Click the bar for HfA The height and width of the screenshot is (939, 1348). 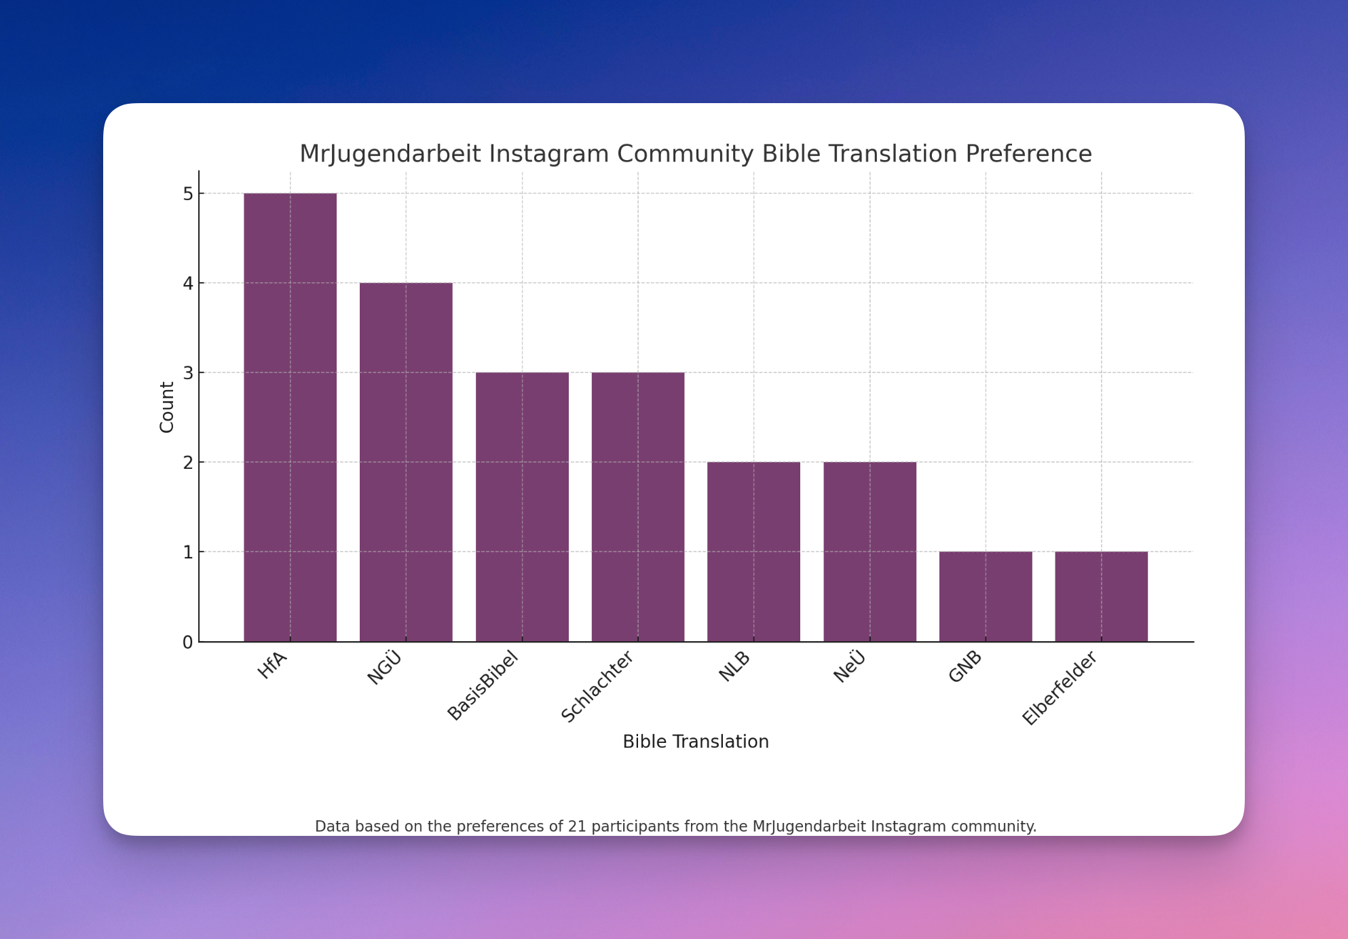pos(290,417)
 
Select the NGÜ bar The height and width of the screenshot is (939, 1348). pos(406,462)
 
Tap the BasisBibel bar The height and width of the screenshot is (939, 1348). pos(522,507)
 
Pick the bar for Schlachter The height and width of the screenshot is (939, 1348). pos(638,507)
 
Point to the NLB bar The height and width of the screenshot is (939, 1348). pos(753,552)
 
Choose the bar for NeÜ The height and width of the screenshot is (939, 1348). pos(869,552)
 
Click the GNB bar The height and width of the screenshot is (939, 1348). pos(986,596)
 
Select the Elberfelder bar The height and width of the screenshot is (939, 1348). pos(1101,596)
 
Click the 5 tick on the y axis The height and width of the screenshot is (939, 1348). pos(188,194)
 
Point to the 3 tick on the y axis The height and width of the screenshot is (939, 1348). pos(188,373)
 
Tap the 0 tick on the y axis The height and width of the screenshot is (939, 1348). pos(188,643)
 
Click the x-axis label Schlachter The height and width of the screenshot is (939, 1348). pos(598,686)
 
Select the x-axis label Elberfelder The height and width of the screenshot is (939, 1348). pos(1060,687)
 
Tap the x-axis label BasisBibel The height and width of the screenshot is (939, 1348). pos(483,685)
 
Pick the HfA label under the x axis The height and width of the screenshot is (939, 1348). pos(273,666)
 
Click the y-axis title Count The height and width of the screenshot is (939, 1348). pos(167,407)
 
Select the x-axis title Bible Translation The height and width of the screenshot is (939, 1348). pos(696,742)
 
